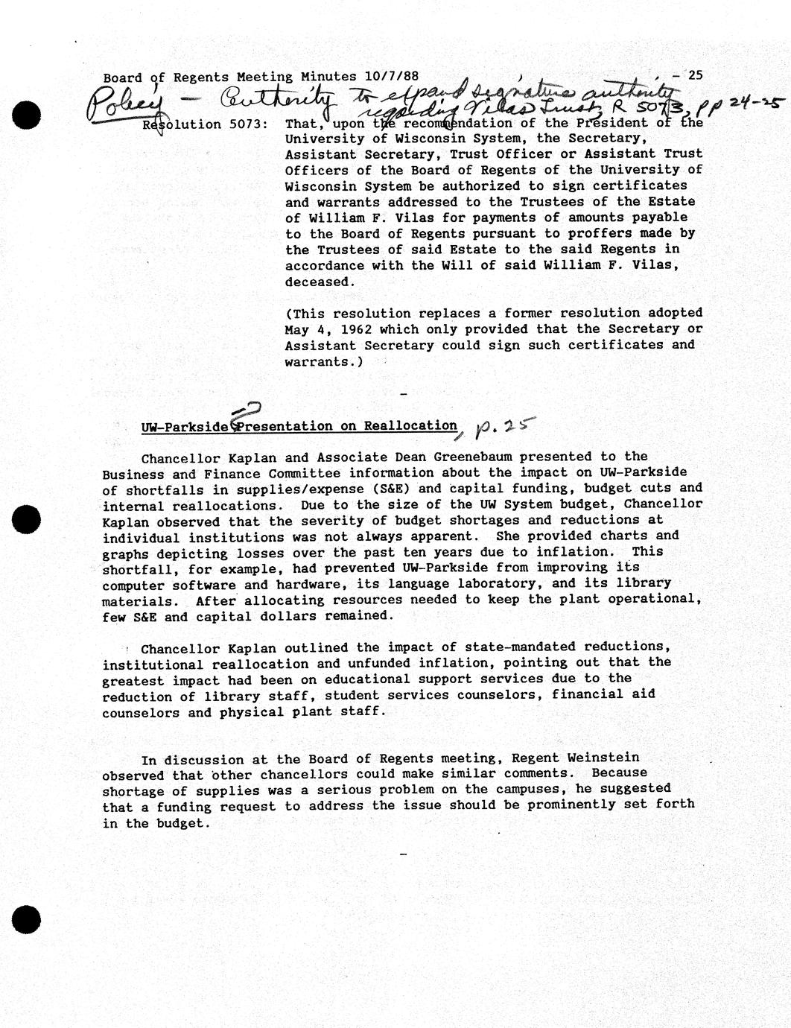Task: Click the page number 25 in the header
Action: point(696,74)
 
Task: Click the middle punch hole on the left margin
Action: point(26,519)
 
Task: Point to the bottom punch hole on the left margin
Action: point(26,919)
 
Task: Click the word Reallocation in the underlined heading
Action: point(410,425)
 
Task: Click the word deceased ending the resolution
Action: point(317,282)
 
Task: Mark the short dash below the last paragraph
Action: point(404,854)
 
